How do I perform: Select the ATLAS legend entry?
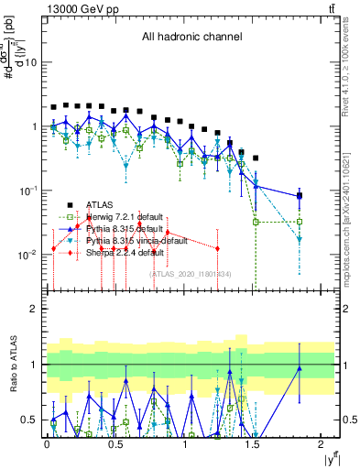(x=101, y=204)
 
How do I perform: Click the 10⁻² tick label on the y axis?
(x=28, y=255)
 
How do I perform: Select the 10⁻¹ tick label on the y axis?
(x=28, y=191)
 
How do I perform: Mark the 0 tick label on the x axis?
(x=47, y=446)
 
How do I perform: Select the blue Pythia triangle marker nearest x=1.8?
(x=300, y=196)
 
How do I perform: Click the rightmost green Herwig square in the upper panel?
(x=300, y=222)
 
